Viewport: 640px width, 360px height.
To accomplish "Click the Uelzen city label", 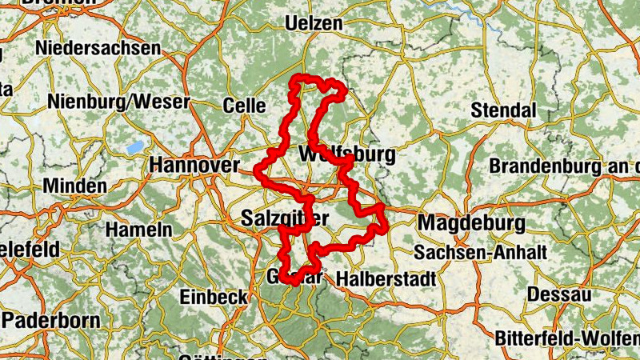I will pos(308,22).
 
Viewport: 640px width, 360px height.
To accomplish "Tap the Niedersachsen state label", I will pos(97,48).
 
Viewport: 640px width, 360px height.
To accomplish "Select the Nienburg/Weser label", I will pos(118,102).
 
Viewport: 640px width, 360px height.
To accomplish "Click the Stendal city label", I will pos(502,110).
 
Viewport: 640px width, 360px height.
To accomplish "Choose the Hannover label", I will pos(194,165).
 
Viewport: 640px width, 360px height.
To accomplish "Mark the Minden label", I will pos(74,186).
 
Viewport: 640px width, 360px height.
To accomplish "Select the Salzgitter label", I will pos(284,218).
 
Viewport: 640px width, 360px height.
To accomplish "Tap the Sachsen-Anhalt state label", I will pos(480,253).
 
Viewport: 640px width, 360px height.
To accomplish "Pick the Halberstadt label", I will pos(386,278).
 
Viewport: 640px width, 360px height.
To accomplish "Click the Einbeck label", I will pos(214,296).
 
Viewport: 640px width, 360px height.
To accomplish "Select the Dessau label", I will pos(559,294).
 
